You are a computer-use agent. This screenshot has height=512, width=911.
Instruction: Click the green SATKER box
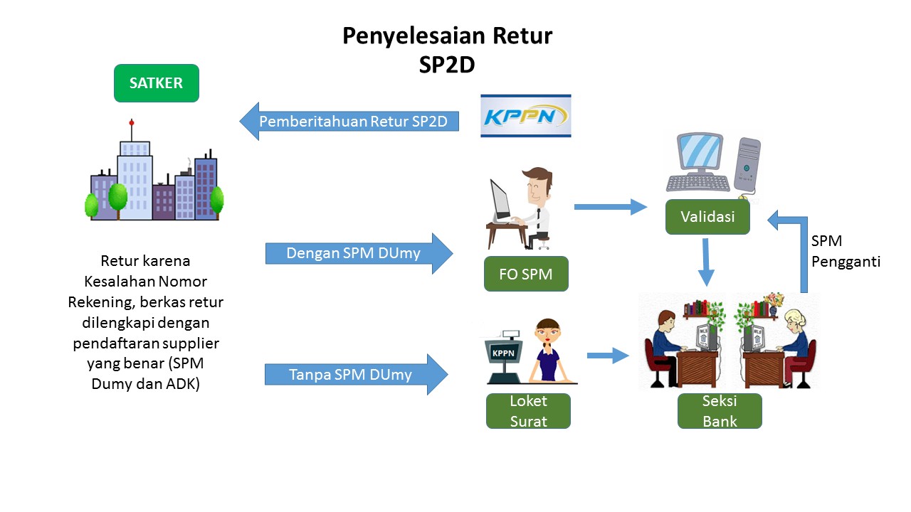(x=157, y=83)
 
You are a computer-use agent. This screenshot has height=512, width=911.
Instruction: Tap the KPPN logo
(x=525, y=116)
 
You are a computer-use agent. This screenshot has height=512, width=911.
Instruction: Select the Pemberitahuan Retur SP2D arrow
(x=349, y=121)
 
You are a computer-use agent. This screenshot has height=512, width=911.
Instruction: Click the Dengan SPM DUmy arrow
(x=359, y=253)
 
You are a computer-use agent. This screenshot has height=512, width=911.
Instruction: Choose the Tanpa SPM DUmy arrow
(x=357, y=374)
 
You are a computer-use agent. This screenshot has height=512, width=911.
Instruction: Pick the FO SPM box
(x=526, y=274)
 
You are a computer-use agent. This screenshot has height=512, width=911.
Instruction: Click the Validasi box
(x=707, y=217)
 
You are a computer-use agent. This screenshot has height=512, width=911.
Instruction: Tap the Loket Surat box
(x=528, y=411)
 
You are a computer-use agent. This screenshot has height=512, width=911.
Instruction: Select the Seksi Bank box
(x=720, y=411)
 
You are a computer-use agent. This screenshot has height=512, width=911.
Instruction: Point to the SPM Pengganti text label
(x=846, y=251)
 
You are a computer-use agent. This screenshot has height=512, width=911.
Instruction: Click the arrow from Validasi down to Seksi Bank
(x=706, y=262)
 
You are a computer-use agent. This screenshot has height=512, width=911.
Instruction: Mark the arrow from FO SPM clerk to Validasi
(x=611, y=207)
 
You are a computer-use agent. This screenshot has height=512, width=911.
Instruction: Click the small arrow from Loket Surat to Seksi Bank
(x=608, y=356)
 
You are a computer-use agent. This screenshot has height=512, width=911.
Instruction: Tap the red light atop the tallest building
(x=132, y=122)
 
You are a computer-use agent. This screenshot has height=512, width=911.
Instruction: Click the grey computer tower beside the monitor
(x=747, y=165)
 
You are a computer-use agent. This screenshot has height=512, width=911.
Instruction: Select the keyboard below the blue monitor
(x=698, y=183)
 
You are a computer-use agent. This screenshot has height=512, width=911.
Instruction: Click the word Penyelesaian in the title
(x=414, y=36)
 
